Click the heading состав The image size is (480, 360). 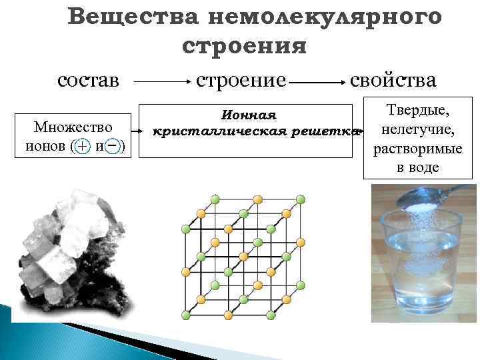[89, 81]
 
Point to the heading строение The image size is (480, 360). [241, 81]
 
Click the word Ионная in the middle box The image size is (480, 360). [248, 115]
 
